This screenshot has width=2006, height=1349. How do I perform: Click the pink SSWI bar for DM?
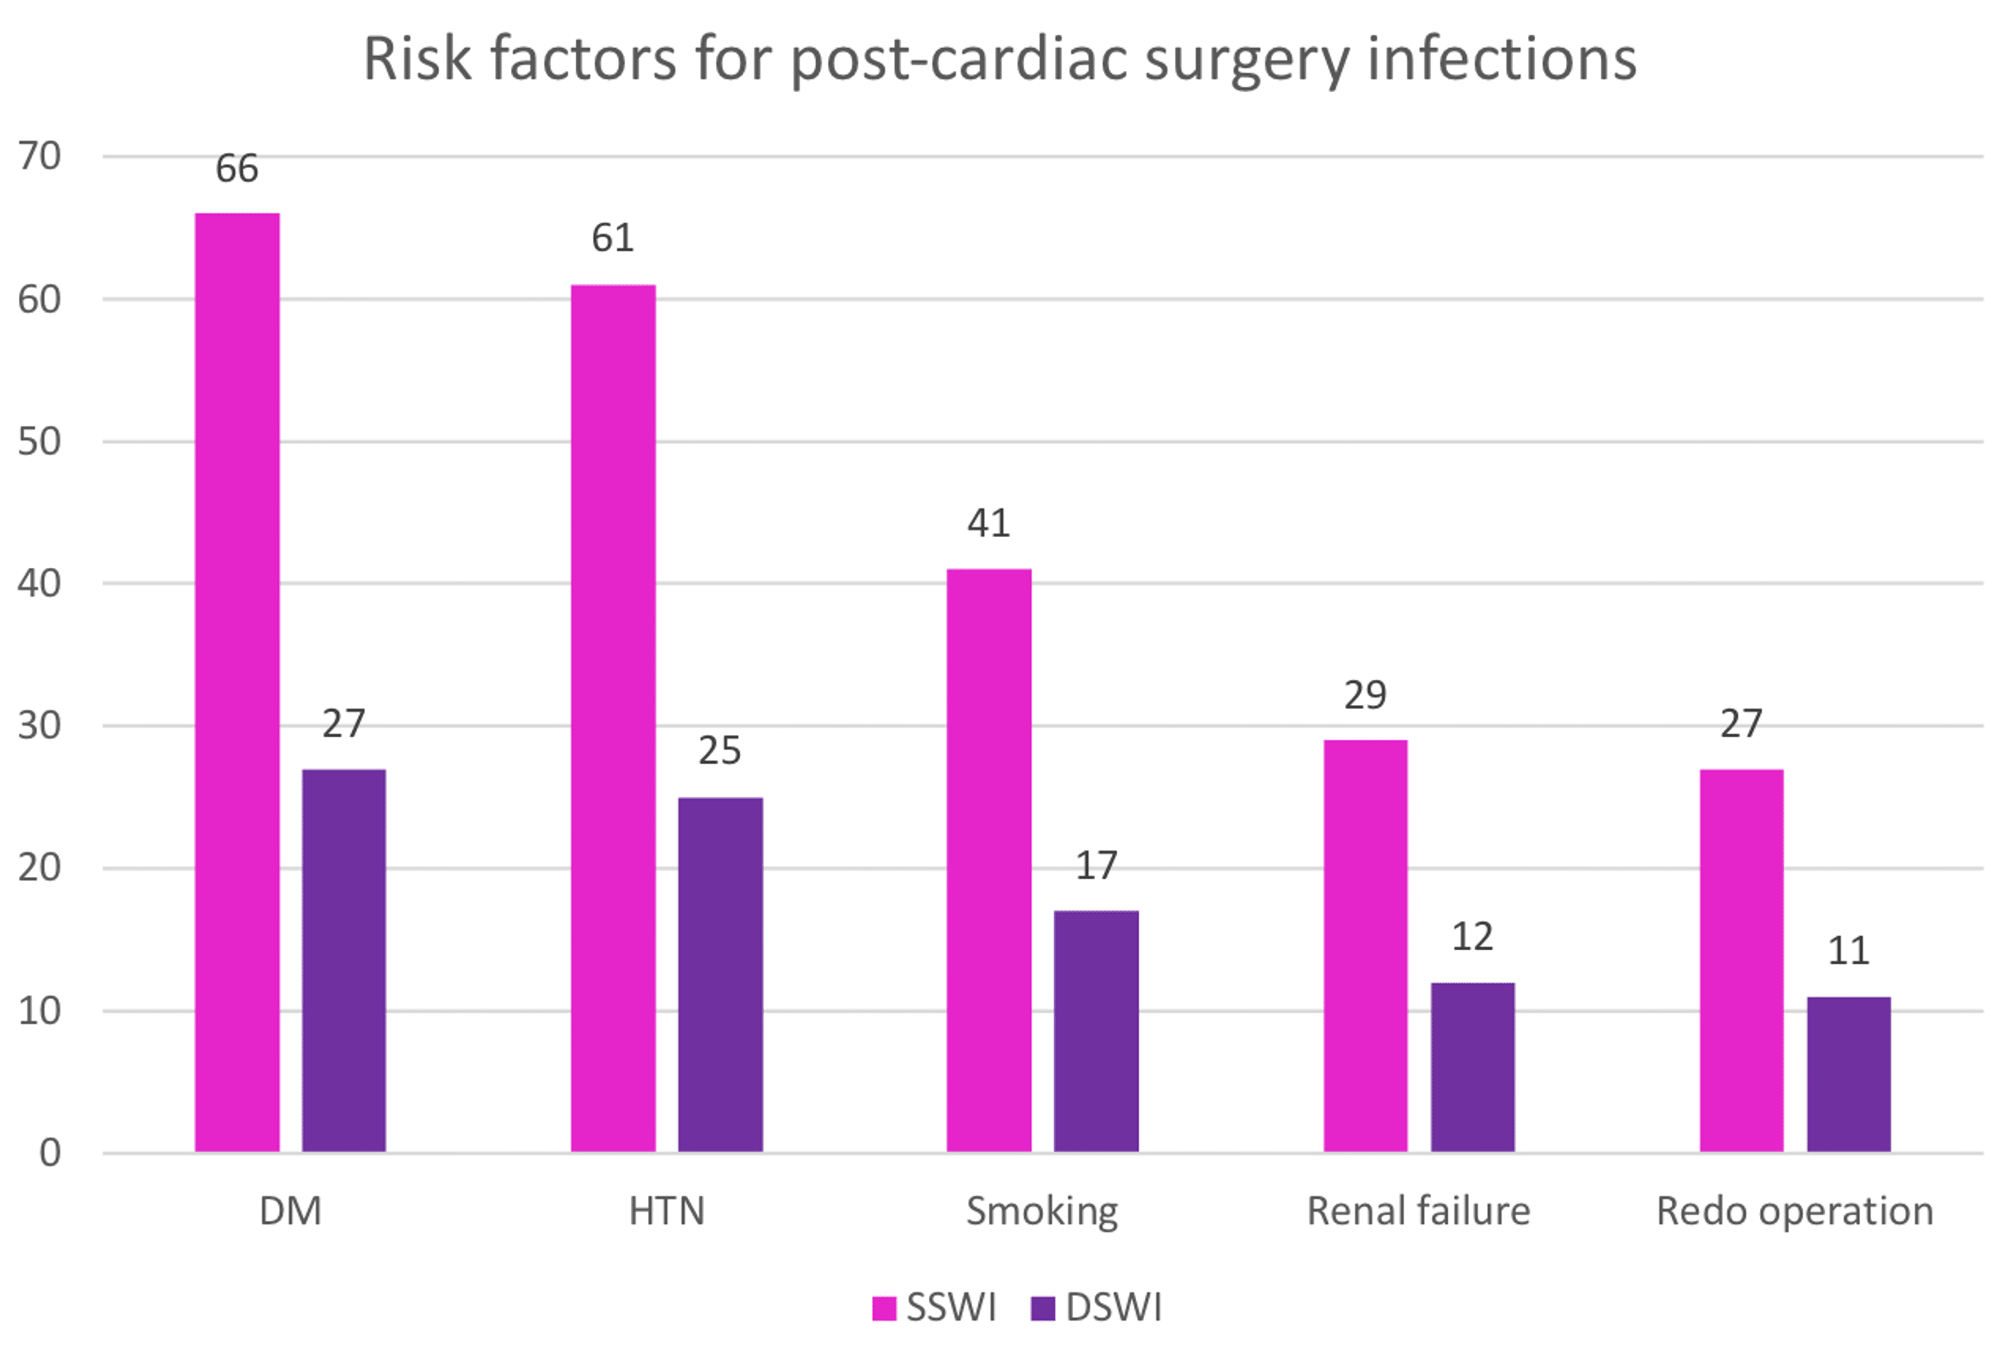pyautogui.click(x=237, y=682)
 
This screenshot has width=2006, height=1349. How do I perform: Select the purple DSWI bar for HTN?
pyautogui.click(x=720, y=974)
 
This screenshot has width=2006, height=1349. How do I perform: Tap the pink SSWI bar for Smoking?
pyautogui.click(x=988, y=859)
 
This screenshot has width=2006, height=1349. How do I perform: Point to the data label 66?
pyautogui.click(x=237, y=169)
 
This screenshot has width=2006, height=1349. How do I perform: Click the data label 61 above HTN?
pyautogui.click(x=612, y=238)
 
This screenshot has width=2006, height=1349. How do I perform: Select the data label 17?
pyautogui.click(x=1096, y=865)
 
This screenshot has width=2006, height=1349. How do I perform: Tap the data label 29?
pyautogui.click(x=1365, y=695)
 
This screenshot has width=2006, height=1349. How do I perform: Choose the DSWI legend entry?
pyautogui.click(x=1097, y=1308)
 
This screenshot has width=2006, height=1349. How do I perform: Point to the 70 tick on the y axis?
pyautogui.click(x=39, y=157)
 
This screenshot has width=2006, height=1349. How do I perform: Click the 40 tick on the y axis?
pyautogui.click(x=39, y=584)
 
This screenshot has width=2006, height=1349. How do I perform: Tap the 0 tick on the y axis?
pyautogui.click(x=50, y=1153)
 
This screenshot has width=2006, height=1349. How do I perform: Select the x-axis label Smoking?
pyautogui.click(x=1042, y=1211)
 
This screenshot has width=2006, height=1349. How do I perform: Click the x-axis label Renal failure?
pyautogui.click(x=1418, y=1211)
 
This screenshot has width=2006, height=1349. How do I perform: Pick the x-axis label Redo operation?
pyautogui.click(x=1795, y=1211)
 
